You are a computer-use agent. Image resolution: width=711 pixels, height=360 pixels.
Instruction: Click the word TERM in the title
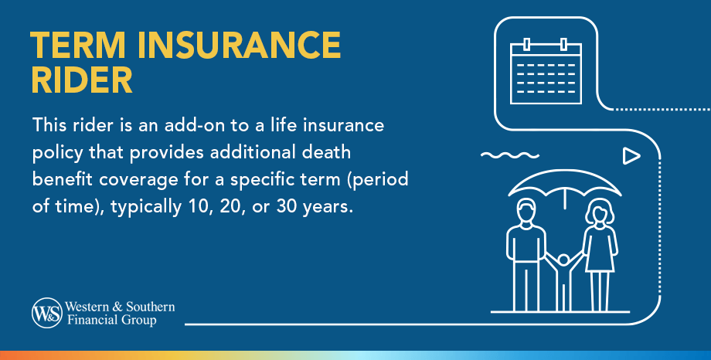point(78,45)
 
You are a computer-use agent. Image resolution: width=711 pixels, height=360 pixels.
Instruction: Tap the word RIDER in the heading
point(82,80)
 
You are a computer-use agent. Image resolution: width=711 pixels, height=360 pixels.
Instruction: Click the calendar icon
point(546,71)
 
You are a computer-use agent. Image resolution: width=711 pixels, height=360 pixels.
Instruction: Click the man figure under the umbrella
point(526,255)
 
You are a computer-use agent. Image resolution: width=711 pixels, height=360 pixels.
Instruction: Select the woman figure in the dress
point(600,255)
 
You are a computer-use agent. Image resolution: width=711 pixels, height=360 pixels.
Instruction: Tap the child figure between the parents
point(563,281)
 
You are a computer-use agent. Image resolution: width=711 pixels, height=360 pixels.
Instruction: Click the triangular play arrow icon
point(631,155)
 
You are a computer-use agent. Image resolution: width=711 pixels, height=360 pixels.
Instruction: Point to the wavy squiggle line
point(509,155)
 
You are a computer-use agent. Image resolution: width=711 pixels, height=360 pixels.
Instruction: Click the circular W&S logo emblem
point(46,313)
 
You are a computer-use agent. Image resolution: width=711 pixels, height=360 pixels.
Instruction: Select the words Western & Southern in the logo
point(120,307)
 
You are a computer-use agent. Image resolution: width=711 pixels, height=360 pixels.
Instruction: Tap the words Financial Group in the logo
point(112,320)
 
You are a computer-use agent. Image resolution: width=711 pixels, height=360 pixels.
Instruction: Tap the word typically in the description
point(146,208)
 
